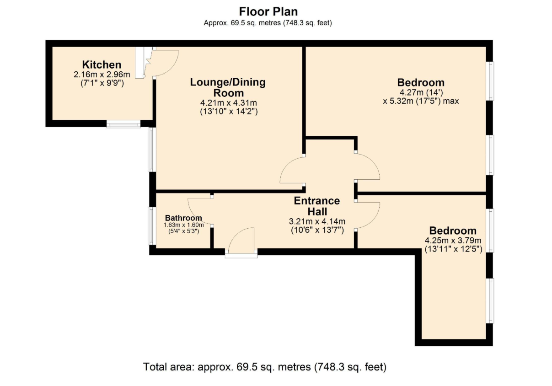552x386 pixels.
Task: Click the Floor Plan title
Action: tap(268, 11)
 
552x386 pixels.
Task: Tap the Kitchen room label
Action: tap(102, 65)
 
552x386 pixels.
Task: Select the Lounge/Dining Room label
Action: tap(228, 87)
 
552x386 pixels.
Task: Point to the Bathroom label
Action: tap(183, 218)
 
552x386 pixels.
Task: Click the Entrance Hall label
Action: tap(317, 206)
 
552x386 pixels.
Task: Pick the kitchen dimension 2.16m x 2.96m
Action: tap(102, 75)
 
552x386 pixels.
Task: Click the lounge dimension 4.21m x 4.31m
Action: tap(229, 102)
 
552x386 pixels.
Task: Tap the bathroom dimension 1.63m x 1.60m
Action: tap(183, 225)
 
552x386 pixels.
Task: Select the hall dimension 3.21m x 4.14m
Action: tap(317, 221)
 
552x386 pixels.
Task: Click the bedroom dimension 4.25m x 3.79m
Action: tap(453, 240)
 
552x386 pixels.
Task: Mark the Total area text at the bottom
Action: tap(265, 367)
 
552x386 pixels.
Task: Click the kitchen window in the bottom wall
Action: tap(123, 124)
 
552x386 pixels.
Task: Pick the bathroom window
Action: tap(152, 226)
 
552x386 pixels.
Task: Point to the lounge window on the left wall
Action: tap(152, 149)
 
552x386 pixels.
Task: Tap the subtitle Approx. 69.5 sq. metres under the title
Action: tap(268, 23)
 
